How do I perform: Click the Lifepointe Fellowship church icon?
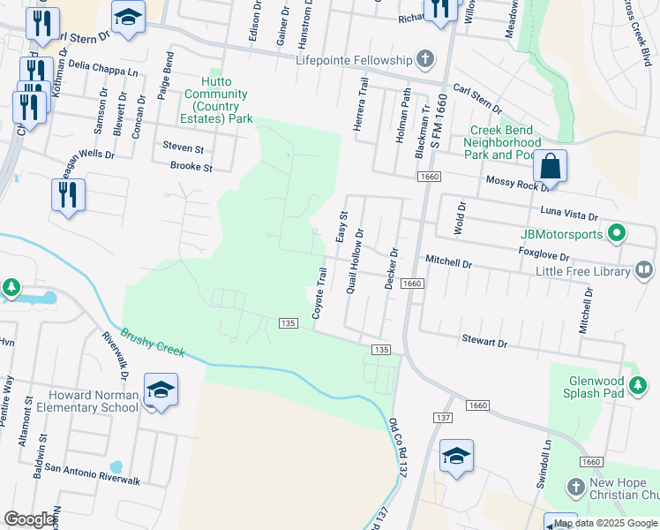coord(425,60)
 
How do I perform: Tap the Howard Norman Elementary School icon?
coord(161,390)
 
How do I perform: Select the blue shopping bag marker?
coord(550,166)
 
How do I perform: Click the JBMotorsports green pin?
coord(617,234)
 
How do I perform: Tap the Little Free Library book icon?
coord(644,270)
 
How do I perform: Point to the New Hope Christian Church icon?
coord(575,488)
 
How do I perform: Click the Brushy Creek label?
coord(153,343)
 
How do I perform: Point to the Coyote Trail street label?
coord(321,296)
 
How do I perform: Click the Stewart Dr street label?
coord(485,341)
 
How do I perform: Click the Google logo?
coord(31,519)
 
